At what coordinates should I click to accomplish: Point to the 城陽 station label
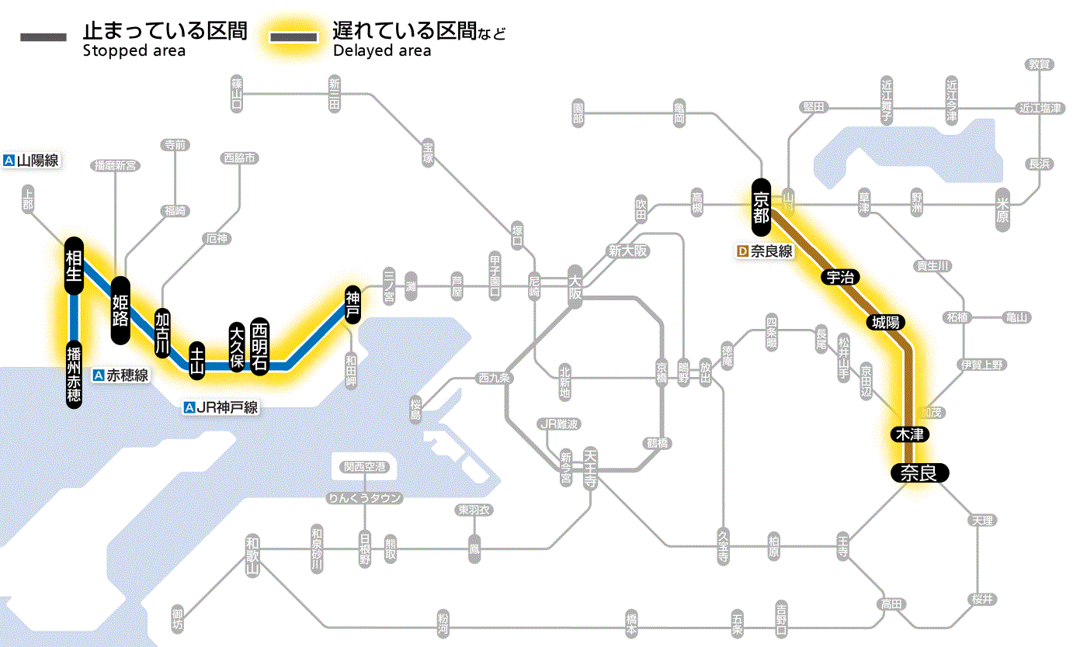click(888, 322)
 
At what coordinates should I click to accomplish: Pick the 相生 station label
click(75, 265)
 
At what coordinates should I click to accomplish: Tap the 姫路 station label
click(120, 310)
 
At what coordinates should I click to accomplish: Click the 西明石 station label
click(259, 346)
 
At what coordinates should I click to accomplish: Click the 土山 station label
click(197, 359)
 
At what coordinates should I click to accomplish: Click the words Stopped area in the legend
click(134, 51)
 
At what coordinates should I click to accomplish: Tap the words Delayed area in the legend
click(382, 51)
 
